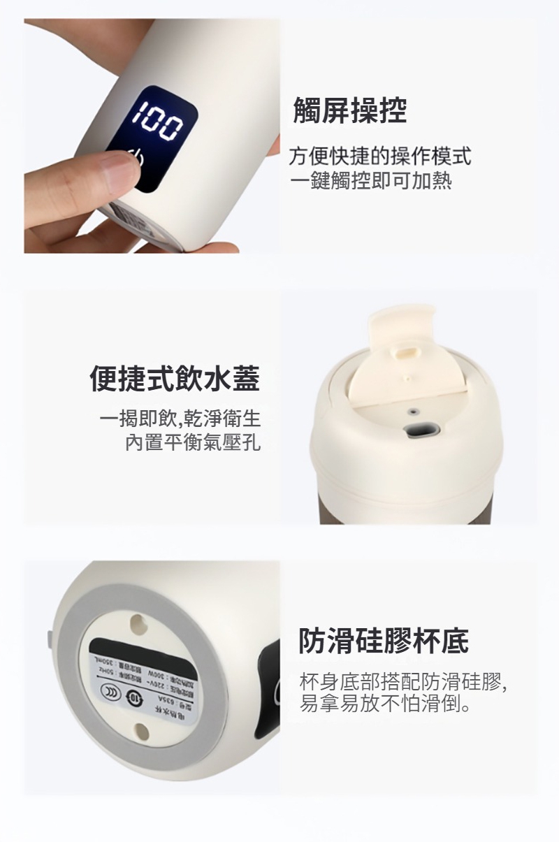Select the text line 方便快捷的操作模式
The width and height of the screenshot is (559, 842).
(x=380, y=156)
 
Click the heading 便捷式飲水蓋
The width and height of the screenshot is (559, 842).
(x=175, y=378)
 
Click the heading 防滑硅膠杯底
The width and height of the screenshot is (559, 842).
(x=384, y=640)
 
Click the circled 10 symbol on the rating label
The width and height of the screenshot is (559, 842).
(x=136, y=695)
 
